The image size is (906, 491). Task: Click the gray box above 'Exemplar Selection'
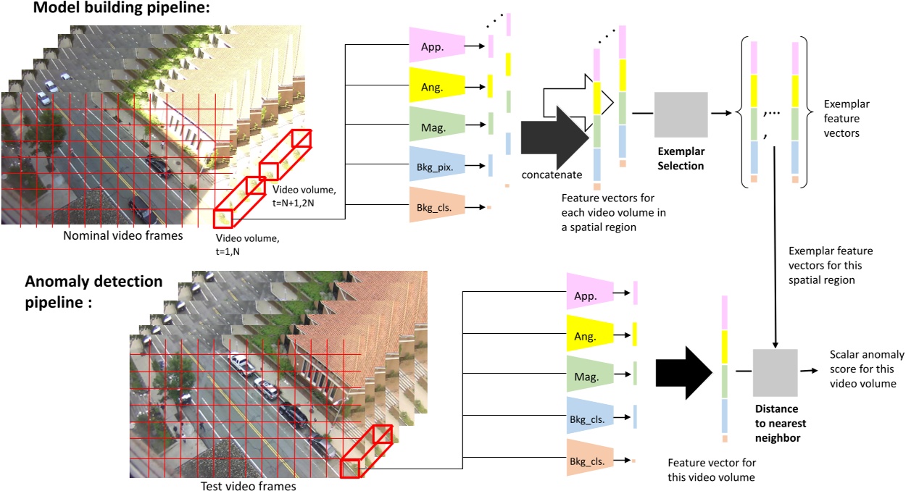pyautogui.click(x=681, y=114)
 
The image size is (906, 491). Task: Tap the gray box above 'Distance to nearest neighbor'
pyautogui.click(x=775, y=371)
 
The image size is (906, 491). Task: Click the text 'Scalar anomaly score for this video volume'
pyautogui.click(x=866, y=369)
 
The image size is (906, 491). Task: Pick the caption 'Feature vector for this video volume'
pyautogui.click(x=711, y=469)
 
